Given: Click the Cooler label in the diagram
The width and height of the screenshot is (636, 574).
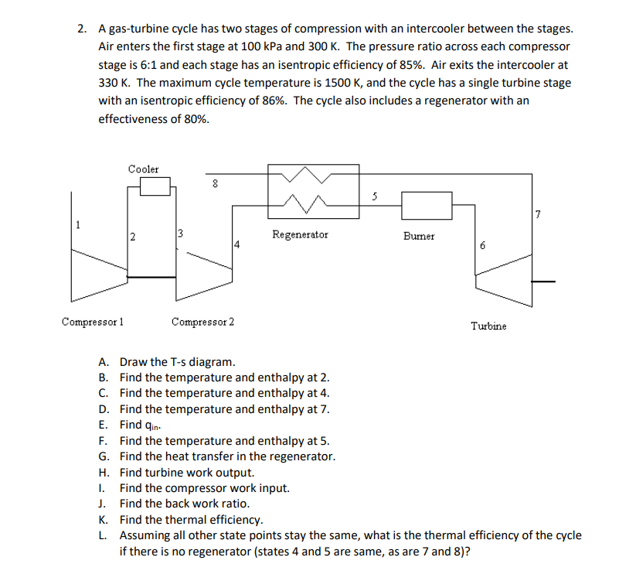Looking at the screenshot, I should point(143,169).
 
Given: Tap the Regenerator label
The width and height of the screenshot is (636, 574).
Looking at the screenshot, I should point(300,234).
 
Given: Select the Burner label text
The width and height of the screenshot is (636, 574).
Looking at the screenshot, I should point(419,235).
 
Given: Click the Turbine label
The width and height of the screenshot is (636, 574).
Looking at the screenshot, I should point(488,326).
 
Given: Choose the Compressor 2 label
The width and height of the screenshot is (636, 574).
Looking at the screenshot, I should point(204,321).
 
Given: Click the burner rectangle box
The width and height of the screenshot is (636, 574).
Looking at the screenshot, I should point(427,205).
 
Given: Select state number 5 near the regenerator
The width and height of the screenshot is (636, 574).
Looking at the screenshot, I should point(375,196).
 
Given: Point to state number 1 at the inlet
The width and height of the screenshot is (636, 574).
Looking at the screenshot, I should point(77,225).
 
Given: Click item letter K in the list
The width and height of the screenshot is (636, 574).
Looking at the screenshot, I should point(102,519).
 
